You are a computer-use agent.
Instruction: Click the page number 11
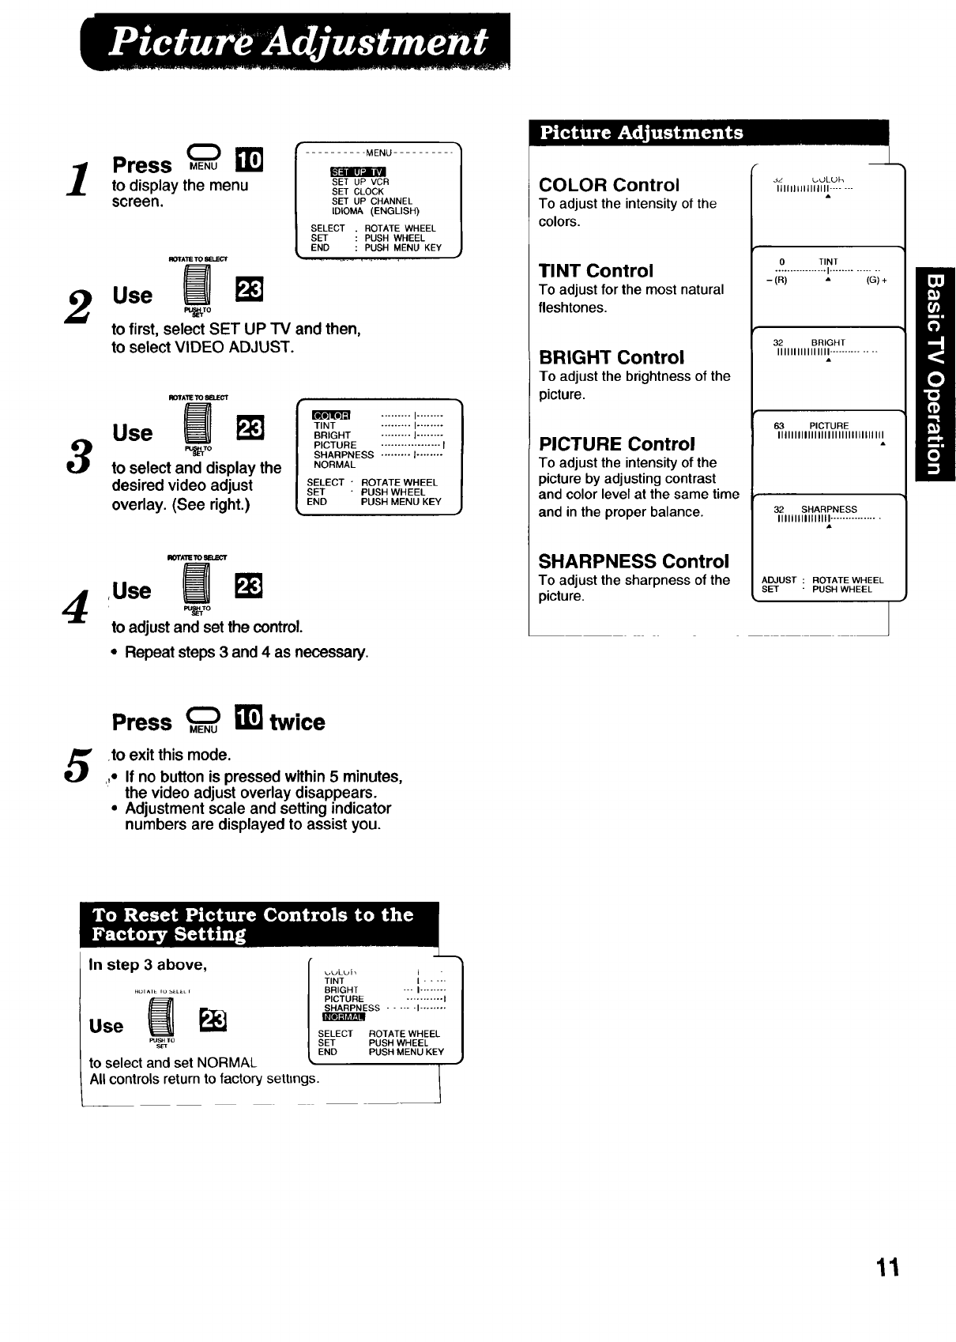(x=888, y=1267)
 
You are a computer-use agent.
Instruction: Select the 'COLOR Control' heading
(x=608, y=185)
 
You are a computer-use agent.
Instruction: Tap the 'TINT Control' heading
(x=596, y=271)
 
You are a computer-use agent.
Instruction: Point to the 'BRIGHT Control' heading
(x=612, y=357)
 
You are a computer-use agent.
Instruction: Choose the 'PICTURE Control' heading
(x=616, y=443)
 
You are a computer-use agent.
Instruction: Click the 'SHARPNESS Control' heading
(x=634, y=561)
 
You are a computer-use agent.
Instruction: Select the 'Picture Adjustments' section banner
(x=642, y=133)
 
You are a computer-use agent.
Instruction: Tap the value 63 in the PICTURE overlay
(x=779, y=426)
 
